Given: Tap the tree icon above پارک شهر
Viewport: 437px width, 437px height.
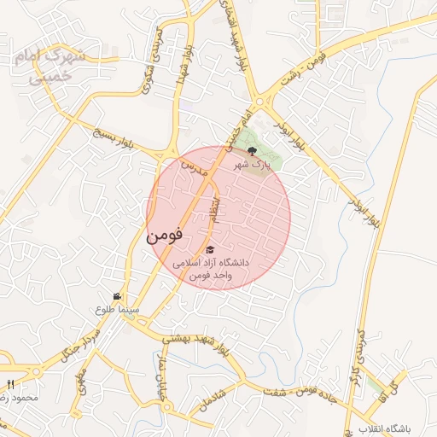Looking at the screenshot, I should [x=250, y=151].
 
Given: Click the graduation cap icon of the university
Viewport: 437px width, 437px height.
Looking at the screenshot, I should [x=210, y=249].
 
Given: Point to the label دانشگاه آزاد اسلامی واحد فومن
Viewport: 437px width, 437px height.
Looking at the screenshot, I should [x=210, y=269].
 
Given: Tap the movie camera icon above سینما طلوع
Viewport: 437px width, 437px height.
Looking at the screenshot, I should [x=128, y=296].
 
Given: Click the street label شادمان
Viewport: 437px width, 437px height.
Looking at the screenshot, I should [x=207, y=395].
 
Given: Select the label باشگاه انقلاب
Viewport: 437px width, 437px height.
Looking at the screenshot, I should [x=386, y=426].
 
